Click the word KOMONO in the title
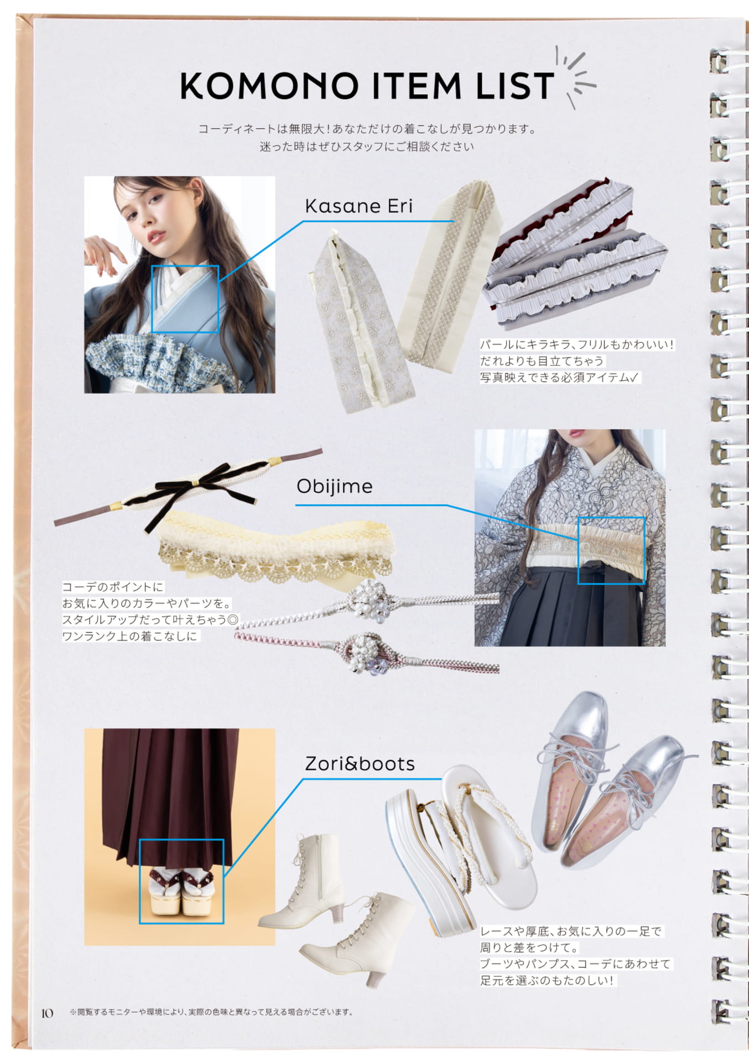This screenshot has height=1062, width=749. pyautogui.click(x=269, y=86)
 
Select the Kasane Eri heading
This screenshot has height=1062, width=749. pyautogui.click(x=358, y=206)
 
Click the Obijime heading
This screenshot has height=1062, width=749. pyautogui.click(x=334, y=486)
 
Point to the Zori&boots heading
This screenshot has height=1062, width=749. pyautogui.click(x=360, y=764)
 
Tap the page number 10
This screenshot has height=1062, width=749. pyautogui.click(x=47, y=1013)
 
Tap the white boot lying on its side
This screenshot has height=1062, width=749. pyautogui.click(x=358, y=938)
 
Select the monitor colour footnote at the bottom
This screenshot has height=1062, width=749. pyautogui.click(x=211, y=1012)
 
